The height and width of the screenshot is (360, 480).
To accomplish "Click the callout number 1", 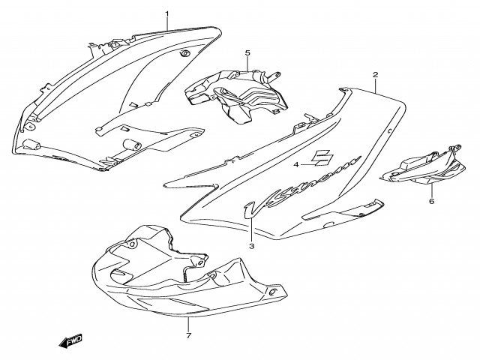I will pyautogui.click(x=166, y=13).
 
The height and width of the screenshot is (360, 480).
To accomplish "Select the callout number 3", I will pyautogui.click(x=252, y=246).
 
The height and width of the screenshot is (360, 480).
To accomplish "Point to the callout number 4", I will pyautogui.click(x=296, y=164).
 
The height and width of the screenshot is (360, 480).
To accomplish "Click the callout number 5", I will pyautogui.click(x=246, y=53).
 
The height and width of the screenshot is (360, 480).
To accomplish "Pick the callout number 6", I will pyautogui.click(x=431, y=201).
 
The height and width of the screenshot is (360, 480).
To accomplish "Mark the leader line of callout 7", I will pyautogui.click(x=187, y=322).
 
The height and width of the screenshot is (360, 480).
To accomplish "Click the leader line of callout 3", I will pyautogui.click(x=252, y=232).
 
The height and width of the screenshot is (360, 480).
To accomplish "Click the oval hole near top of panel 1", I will pyautogui.click(x=184, y=54).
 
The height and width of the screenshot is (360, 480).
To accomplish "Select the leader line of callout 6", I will pyautogui.click(x=431, y=189).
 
